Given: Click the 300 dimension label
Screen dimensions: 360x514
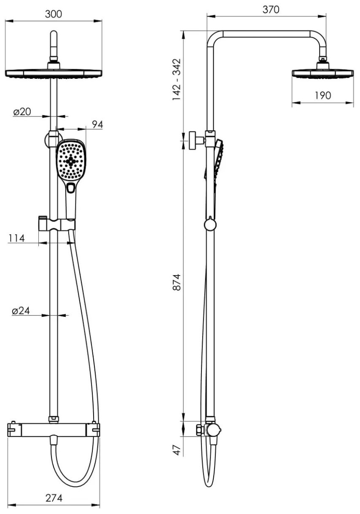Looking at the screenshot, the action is click(54, 14).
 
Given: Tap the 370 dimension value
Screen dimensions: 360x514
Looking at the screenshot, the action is click(271, 10).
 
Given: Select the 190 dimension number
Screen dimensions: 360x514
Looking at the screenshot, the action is click(322, 96).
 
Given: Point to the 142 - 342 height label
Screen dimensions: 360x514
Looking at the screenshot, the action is click(177, 79).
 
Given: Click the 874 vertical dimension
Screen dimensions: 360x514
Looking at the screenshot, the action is click(177, 282).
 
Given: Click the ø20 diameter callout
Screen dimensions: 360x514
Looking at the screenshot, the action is click(22, 112).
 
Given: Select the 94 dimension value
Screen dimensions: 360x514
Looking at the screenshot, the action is click(97, 124).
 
